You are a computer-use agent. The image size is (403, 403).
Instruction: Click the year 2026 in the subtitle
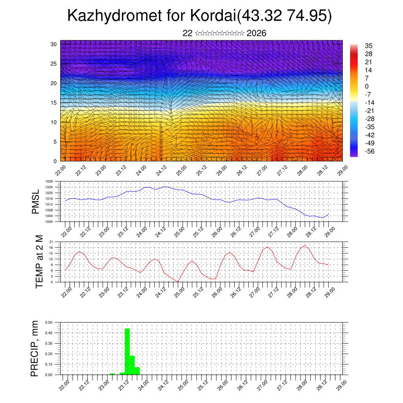256,33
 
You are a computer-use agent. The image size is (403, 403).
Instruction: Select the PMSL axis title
35,202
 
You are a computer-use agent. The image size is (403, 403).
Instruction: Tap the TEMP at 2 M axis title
39,261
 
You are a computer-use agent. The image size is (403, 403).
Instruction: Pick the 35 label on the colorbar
369,46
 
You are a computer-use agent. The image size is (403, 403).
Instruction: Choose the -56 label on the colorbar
370,151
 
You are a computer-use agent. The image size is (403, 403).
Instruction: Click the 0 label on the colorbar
367,86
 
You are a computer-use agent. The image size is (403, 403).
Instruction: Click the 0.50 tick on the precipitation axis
49,322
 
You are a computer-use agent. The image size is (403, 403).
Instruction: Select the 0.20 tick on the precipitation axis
49,354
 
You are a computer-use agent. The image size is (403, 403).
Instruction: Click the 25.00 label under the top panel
181,172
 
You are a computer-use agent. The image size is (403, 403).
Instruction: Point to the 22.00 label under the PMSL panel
66,230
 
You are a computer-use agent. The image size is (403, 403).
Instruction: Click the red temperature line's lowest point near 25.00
178,282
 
